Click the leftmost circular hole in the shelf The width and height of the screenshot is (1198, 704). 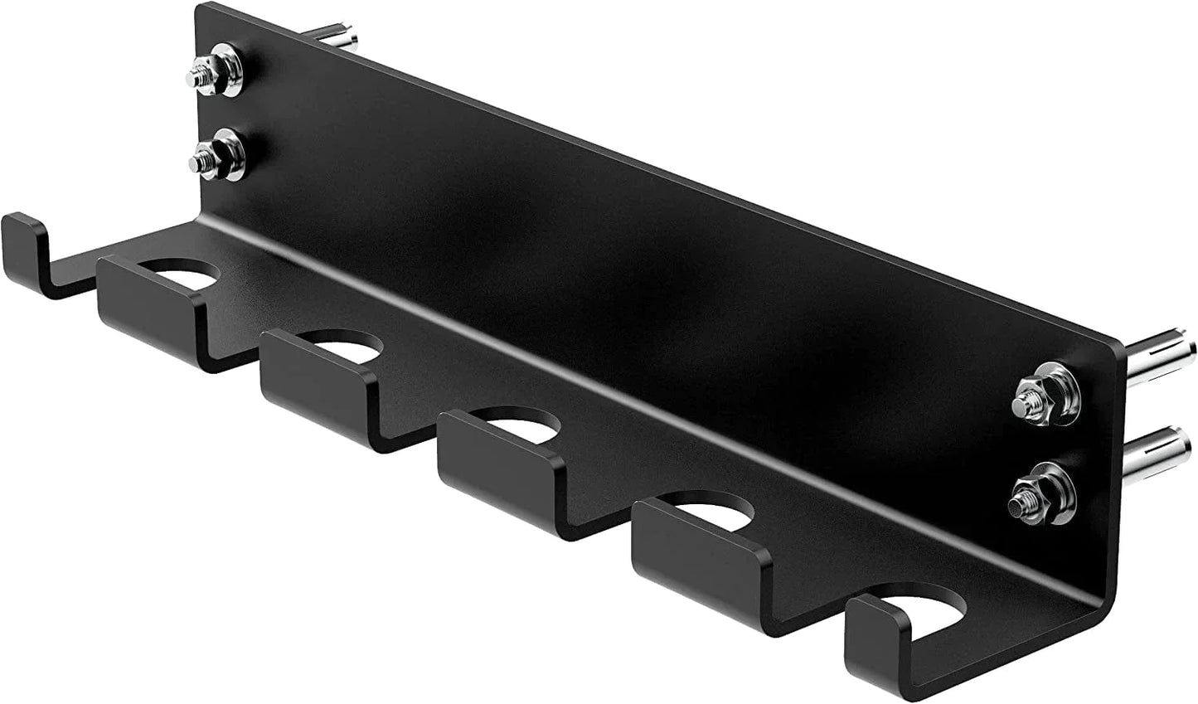pos(186,274)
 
